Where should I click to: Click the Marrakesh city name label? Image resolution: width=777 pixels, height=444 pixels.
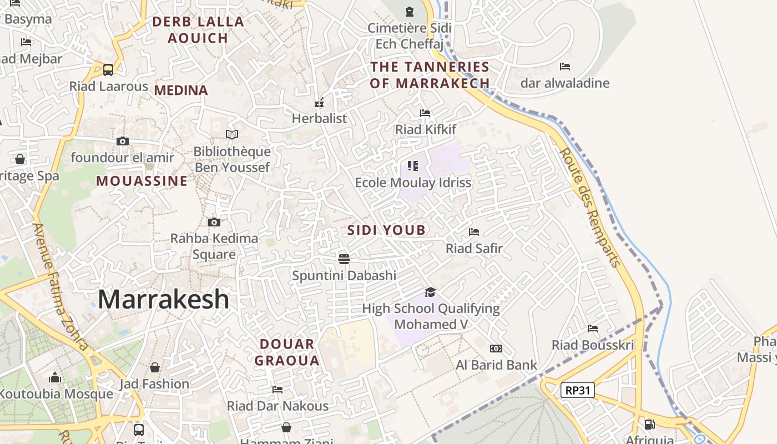163,300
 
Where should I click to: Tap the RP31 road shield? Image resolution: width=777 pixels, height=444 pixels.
578,390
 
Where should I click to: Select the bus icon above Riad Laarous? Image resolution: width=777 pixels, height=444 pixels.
108,70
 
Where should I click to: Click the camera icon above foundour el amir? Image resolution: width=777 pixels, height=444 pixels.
123,141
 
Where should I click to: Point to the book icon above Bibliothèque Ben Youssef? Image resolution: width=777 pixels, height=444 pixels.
232,134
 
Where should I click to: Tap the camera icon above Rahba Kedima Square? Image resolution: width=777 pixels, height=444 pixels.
214,222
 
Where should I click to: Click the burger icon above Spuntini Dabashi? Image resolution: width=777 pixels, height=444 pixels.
344,259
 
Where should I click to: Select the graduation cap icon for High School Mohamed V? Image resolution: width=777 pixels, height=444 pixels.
430,292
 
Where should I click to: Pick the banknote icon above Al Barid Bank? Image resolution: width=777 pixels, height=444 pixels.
496,349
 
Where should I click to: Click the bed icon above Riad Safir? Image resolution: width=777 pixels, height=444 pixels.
474,232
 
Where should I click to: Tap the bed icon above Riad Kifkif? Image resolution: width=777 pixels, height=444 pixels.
425,113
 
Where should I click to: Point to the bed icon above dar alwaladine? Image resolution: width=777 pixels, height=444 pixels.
565,67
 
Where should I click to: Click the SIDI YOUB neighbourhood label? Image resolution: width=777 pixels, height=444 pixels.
386,230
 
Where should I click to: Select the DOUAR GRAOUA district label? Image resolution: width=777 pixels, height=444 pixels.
287,352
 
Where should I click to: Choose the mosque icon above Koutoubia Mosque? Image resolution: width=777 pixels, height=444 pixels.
54,378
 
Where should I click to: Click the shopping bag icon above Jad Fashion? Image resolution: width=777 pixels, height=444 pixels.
155,367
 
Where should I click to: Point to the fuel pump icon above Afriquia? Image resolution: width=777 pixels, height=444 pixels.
649,425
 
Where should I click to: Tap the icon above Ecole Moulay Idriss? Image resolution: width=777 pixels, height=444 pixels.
412,166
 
